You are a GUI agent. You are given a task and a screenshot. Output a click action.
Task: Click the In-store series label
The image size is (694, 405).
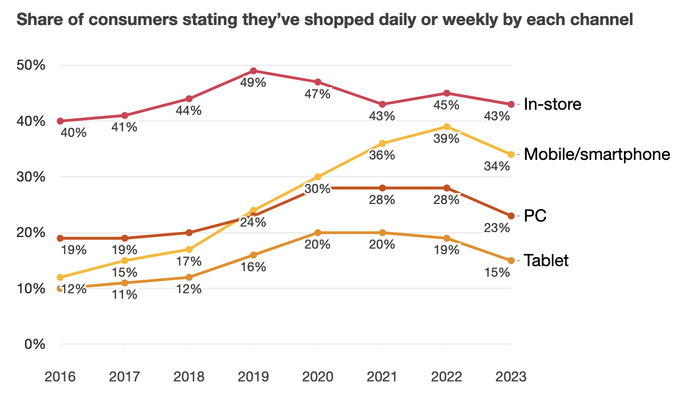(x=552, y=104)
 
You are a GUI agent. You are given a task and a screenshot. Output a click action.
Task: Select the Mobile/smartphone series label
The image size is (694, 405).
(x=597, y=154)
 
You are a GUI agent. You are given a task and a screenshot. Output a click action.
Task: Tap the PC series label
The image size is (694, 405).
(x=535, y=216)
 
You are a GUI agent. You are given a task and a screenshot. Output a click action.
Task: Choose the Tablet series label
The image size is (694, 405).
(x=546, y=261)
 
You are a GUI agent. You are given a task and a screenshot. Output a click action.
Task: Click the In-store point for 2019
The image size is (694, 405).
(x=253, y=71)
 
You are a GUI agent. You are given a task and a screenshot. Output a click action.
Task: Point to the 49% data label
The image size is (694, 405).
(x=253, y=83)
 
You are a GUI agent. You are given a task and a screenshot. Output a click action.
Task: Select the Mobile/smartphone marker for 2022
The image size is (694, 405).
(x=447, y=127)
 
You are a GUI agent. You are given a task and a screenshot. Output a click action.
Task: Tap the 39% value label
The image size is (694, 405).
(x=447, y=139)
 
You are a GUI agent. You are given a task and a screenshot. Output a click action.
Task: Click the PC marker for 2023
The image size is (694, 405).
(x=511, y=216)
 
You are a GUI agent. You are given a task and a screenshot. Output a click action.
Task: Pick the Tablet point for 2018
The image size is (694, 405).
(x=189, y=277)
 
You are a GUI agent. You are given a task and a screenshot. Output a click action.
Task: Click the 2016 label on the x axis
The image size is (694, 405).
(x=60, y=377)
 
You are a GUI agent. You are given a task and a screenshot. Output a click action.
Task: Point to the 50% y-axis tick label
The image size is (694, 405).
(x=32, y=66)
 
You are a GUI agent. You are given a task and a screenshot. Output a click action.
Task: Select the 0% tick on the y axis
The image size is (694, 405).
(x=35, y=345)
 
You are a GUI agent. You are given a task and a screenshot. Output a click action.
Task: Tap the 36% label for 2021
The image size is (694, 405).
(x=383, y=155)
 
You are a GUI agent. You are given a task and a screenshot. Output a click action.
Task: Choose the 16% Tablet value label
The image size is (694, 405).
(x=253, y=267)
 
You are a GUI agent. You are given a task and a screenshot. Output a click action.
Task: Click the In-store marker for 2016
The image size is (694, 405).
(x=60, y=121)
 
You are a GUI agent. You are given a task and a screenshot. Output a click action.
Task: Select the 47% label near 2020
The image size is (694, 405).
(x=317, y=94)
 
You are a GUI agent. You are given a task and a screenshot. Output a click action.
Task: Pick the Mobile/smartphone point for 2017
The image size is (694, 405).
(x=125, y=261)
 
